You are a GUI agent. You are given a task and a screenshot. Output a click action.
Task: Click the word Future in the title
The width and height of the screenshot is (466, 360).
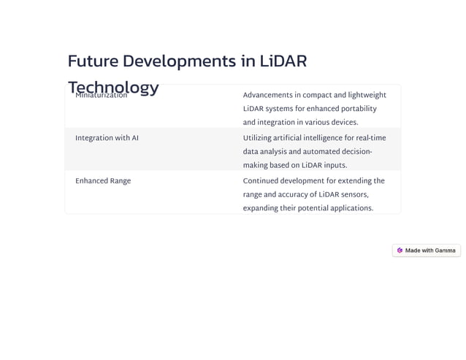[x=92, y=61]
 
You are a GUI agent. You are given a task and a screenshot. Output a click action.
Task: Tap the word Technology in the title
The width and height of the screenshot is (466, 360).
[x=113, y=88]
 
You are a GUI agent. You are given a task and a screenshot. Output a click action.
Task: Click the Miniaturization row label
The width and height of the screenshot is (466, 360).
[x=101, y=95]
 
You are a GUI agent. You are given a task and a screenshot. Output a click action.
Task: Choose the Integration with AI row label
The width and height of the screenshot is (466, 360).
[x=107, y=138]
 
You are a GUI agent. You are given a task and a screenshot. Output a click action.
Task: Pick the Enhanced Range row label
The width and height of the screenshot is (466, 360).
[x=103, y=180]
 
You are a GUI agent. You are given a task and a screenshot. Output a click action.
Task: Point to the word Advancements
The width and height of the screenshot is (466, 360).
[x=269, y=95]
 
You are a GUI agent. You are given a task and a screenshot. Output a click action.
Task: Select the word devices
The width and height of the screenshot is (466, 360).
[x=341, y=122]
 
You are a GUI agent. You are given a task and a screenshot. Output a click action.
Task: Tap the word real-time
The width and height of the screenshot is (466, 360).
[x=370, y=138]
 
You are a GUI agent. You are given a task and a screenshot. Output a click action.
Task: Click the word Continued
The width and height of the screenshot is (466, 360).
[x=261, y=180]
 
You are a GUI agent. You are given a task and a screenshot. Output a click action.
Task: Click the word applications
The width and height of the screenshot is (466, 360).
[x=350, y=208]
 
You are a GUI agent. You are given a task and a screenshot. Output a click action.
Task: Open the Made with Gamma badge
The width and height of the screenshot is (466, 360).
[x=427, y=250]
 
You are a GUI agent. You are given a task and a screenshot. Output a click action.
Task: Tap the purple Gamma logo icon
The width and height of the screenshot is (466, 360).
[x=400, y=250]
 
